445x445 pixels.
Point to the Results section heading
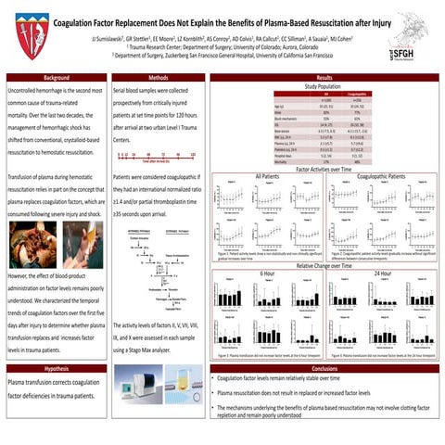[x=324, y=78]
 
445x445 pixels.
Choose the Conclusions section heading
[x=324, y=368]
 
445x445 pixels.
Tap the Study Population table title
[x=324, y=86]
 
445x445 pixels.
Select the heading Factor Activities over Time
[x=324, y=171]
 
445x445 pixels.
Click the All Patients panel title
[x=269, y=176]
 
